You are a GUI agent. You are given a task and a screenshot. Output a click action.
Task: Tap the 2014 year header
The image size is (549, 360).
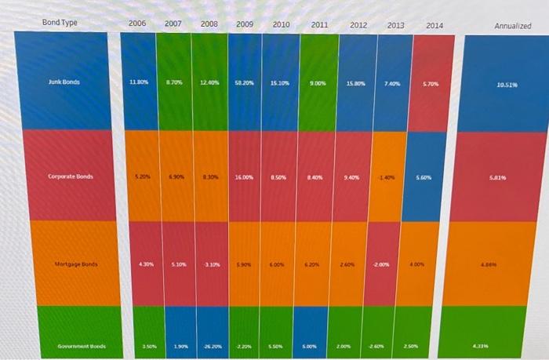pos(434,27)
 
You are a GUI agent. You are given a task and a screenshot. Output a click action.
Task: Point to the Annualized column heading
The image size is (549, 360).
pos(513,27)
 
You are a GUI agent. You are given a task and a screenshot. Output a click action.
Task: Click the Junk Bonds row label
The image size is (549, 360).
pos(64,82)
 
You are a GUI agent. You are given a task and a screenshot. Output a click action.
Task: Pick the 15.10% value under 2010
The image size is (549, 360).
pos(280,82)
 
